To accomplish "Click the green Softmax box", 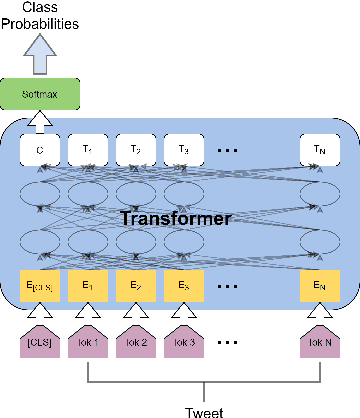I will tap(39, 96).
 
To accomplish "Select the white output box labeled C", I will tap(39, 150).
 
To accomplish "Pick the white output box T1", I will tap(86, 150).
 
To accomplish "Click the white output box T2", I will tap(134, 150).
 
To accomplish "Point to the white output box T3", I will tap(182, 150).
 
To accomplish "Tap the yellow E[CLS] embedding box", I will tap(39, 285).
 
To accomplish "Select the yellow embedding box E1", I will tap(86, 285).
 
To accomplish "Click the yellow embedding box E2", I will tap(134, 285).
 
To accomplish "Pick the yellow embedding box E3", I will tap(182, 285).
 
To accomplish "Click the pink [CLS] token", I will tap(39, 343).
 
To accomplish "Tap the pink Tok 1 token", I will tap(86, 343).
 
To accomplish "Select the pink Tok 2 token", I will tap(134, 343).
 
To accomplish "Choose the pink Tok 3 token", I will tap(182, 343).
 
